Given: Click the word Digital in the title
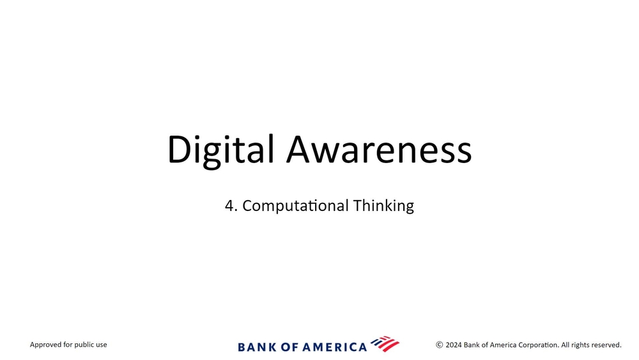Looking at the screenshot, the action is click(220, 150).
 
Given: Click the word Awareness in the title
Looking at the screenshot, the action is click(379, 149).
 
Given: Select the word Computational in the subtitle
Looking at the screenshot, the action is click(295, 206).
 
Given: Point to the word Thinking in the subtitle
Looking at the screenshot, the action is click(383, 206).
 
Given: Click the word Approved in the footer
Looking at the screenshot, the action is click(45, 345).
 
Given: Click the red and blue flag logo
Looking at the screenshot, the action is click(385, 344).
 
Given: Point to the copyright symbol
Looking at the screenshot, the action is click(440, 345).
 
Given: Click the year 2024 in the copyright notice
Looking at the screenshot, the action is click(454, 345).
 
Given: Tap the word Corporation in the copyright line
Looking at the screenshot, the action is click(538, 345).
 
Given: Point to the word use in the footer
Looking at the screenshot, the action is click(102, 345).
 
